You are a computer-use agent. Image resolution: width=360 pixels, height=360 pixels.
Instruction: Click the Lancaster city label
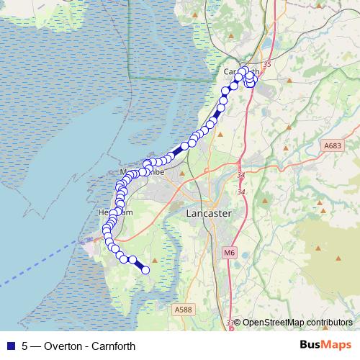coord(208,214)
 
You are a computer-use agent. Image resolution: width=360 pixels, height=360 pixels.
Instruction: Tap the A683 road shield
coord(332,145)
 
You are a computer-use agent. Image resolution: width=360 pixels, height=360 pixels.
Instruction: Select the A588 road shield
coord(184,310)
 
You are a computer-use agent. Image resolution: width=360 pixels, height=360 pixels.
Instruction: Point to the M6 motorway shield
coord(229,252)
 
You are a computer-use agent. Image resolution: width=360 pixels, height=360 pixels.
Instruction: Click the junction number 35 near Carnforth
coord(267,66)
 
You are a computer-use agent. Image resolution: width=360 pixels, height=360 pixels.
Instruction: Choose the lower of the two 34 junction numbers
coord(241,192)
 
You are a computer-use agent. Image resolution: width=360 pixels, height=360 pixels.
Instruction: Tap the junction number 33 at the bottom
coord(230,323)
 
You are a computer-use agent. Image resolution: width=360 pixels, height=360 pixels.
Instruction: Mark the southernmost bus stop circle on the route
coord(145,270)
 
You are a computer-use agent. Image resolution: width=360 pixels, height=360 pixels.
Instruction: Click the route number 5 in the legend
coord(25,346)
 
